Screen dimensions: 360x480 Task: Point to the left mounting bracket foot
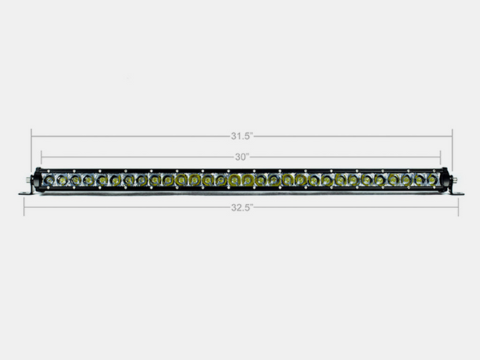click(26, 194)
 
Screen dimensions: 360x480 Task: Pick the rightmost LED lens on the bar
click(433, 182)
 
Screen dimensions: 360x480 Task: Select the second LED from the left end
click(62, 182)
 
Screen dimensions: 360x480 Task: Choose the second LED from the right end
click(420, 182)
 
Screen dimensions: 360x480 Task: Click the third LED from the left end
click(76, 182)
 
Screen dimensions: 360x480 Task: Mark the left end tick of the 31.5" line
click(32, 136)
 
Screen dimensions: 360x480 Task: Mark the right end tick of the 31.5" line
click(452, 136)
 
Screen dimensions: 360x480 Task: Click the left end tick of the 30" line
click(41, 156)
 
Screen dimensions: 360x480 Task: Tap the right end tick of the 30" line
click(442, 156)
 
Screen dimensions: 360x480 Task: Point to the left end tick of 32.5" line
click(24, 206)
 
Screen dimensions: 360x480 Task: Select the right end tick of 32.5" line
click(458, 206)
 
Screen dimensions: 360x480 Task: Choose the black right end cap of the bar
click(444, 182)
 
